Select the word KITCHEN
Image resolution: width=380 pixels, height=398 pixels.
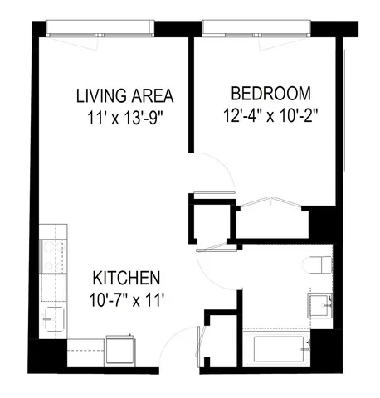(x=126, y=278)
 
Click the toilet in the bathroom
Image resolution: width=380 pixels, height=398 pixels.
(x=319, y=265)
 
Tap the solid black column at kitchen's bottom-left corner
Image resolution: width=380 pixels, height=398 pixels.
(x=45, y=356)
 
